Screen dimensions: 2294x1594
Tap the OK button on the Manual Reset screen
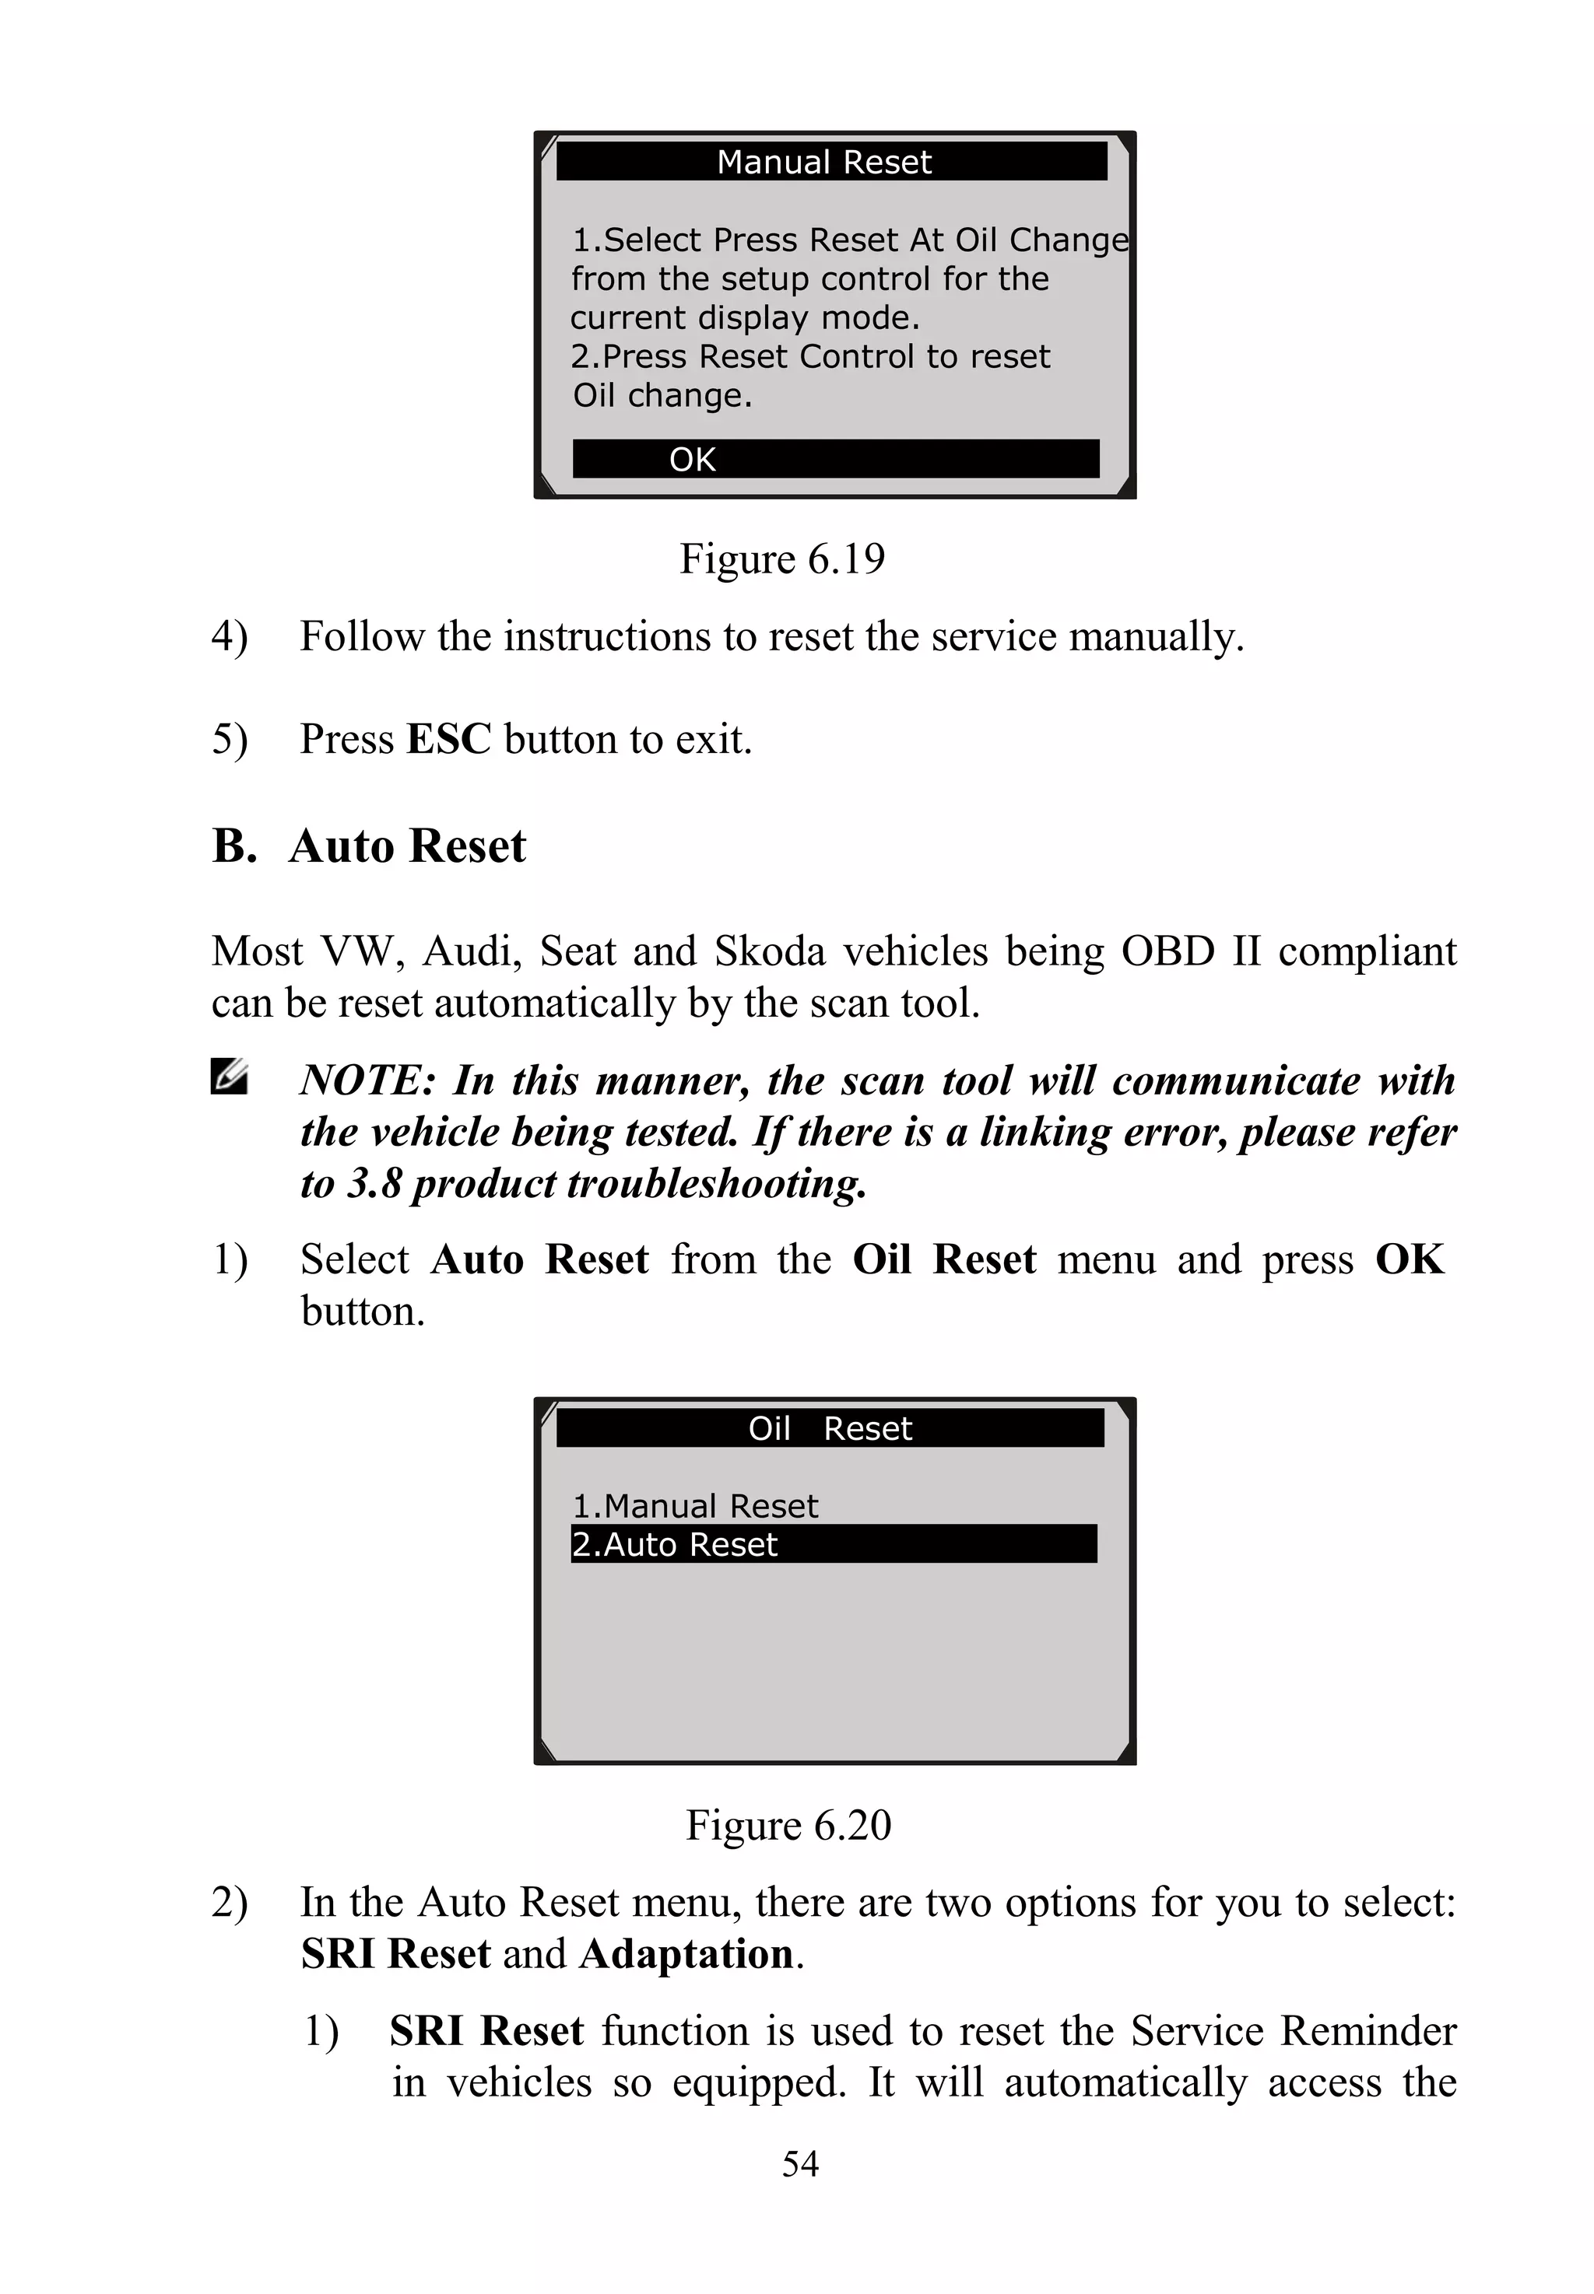(x=835, y=459)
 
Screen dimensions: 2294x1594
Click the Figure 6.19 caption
(x=782, y=559)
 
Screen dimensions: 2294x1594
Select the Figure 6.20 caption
(x=788, y=1825)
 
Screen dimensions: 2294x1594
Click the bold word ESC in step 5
(x=448, y=740)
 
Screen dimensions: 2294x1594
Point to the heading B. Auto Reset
(x=369, y=846)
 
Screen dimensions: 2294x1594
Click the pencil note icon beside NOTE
(x=230, y=1078)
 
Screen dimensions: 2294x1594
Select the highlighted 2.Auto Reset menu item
(x=833, y=1544)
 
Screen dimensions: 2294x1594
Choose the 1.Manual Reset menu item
(x=695, y=1505)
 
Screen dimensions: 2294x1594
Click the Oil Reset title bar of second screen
(x=830, y=1428)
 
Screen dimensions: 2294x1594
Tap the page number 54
(x=800, y=2164)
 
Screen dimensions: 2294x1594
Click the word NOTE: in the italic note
(x=367, y=1081)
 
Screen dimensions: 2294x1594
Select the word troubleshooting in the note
(x=716, y=1184)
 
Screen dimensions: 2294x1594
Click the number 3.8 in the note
(x=374, y=1184)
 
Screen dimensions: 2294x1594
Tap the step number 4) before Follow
(x=229, y=637)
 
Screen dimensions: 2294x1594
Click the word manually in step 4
(x=1154, y=637)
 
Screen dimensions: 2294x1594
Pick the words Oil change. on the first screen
(x=662, y=396)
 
